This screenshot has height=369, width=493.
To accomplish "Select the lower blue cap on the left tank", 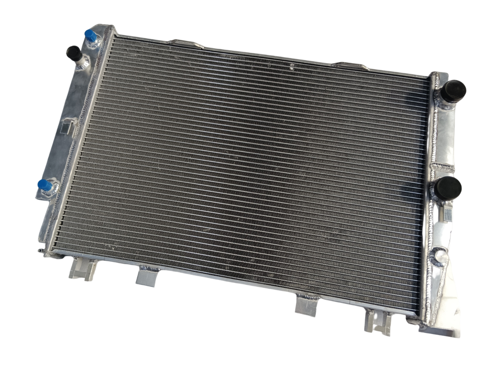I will [45, 185].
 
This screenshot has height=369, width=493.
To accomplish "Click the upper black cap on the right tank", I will [453, 91].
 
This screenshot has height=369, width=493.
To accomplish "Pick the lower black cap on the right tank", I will [448, 188].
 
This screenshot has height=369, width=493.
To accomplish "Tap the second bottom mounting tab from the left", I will [148, 277].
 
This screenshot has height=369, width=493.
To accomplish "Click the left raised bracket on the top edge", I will [186, 44].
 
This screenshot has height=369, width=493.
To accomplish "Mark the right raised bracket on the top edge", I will [351, 66].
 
